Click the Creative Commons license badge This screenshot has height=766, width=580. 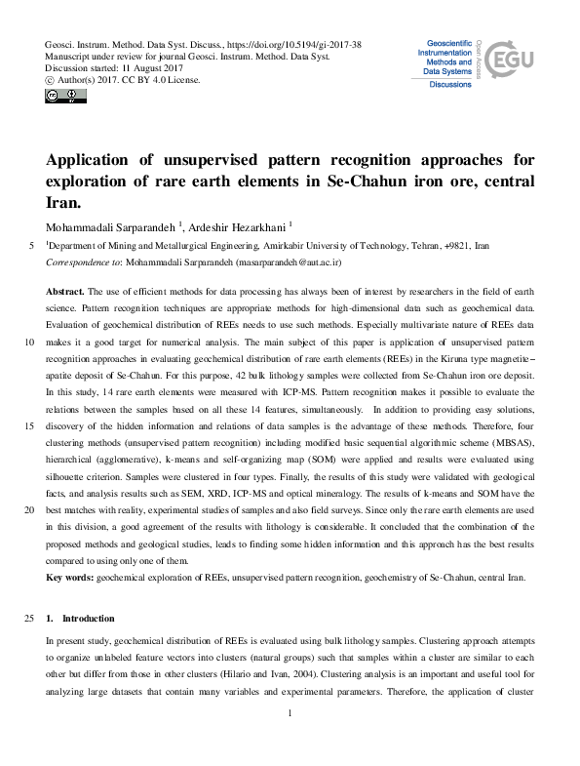59,96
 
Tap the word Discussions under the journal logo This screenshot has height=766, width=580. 450,85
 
